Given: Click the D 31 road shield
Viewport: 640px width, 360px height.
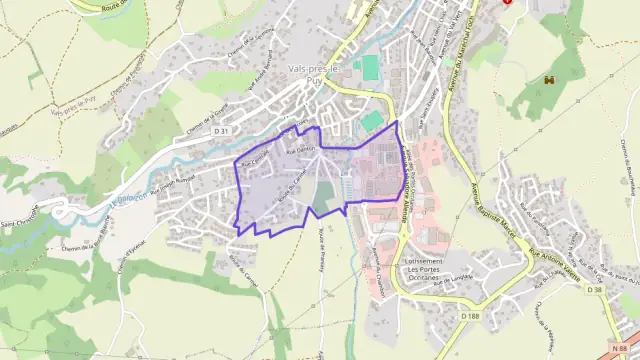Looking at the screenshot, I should tap(222, 131).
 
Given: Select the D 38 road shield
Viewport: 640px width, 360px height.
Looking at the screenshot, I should tap(595, 289).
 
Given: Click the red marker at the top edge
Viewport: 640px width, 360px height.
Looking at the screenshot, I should tap(507, 2).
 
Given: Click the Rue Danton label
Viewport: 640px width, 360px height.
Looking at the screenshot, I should tap(297, 149).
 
